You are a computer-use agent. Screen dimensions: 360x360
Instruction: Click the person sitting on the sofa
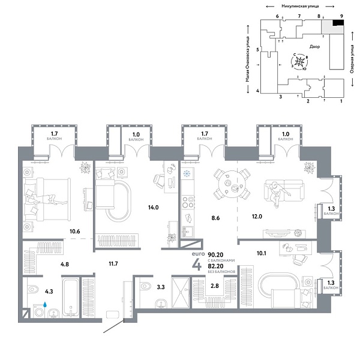tap(278, 192)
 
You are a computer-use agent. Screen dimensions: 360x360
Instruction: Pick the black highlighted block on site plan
tap(338, 23)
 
